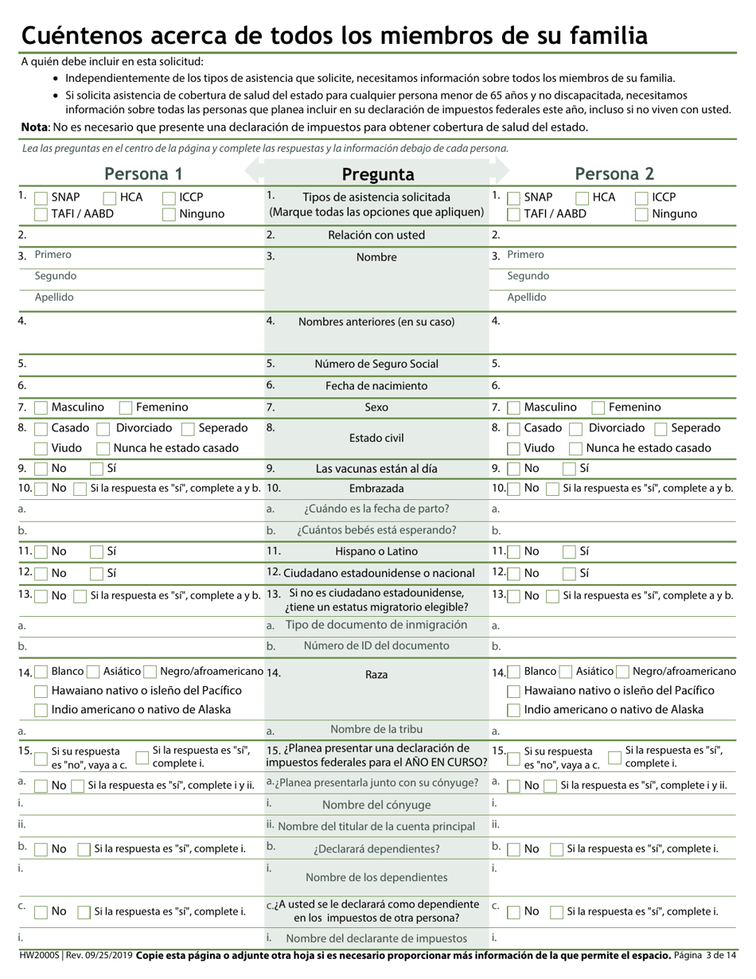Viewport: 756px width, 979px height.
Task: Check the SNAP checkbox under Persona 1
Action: click(41, 197)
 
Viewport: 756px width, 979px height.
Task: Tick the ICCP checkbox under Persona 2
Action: click(641, 197)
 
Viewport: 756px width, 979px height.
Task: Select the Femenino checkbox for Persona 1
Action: click(126, 408)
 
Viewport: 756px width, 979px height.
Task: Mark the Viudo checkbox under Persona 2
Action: click(514, 448)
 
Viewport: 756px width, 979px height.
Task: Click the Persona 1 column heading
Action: click(143, 174)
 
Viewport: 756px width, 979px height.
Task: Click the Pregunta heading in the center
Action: click(377, 174)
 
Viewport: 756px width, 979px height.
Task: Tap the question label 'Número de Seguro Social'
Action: click(376, 364)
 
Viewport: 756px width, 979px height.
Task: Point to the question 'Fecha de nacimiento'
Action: click(376, 386)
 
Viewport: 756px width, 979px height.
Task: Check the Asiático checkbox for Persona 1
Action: click(93, 672)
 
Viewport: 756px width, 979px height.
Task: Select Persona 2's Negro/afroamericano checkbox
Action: click(623, 672)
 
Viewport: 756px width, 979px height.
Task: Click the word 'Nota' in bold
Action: click(34, 127)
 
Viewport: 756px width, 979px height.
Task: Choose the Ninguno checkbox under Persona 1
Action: click(169, 214)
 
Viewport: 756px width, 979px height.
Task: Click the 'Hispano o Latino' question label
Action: click(376, 551)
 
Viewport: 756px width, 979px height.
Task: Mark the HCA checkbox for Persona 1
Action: click(110, 197)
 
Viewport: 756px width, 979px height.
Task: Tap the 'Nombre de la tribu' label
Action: click(376, 729)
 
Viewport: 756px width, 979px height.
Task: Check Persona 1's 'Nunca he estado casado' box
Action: click(103, 448)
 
